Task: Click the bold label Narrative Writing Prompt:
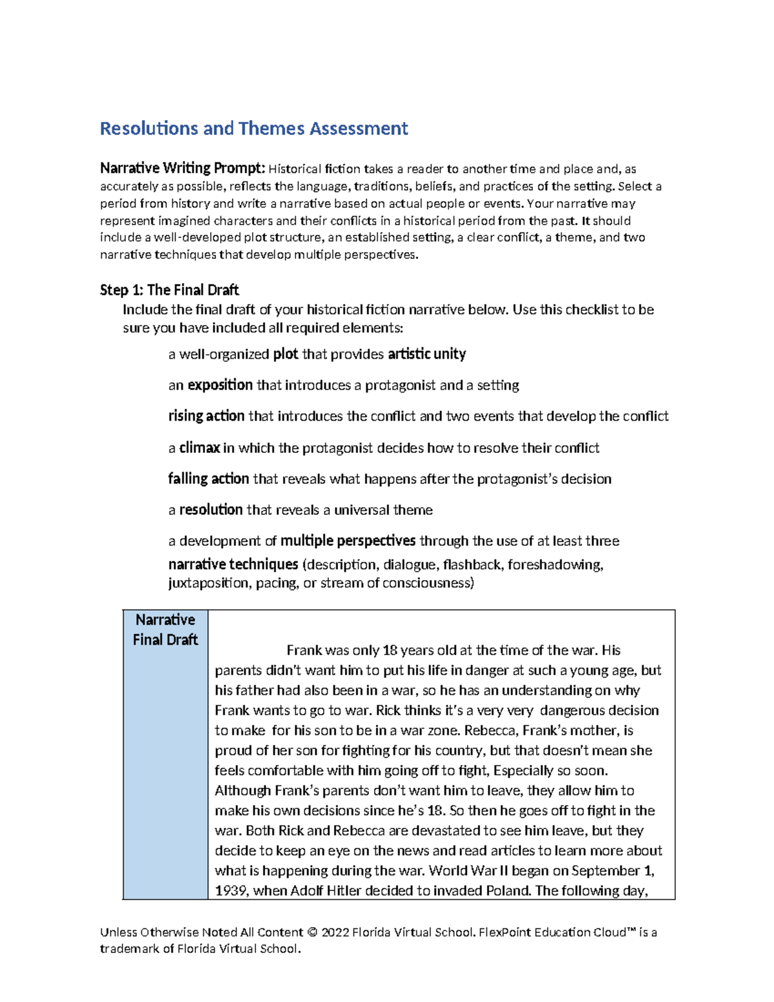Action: pos(183,168)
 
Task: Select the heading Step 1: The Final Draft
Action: pos(169,290)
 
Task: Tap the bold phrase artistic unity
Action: pos(426,354)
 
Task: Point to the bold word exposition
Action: pos(220,385)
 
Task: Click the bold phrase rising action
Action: pos(206,416)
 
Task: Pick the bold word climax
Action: pos(199,448)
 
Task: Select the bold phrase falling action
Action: pos(208,479)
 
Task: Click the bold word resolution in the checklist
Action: pos(211,510)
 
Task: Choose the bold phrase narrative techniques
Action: pos(233,565)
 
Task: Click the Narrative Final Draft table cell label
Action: pos(165,630)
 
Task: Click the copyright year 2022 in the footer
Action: pos(335,932)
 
